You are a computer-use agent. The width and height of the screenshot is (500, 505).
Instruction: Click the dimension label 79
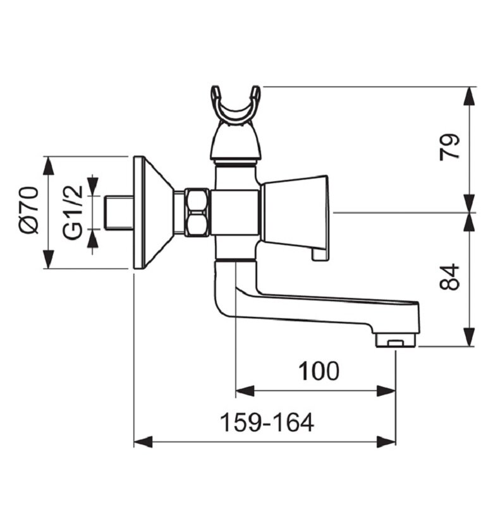[x=449, y=146]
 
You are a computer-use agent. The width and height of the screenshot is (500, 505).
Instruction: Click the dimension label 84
[x=449, y=277]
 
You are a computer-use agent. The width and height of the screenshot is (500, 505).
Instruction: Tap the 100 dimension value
[x=319, y=371]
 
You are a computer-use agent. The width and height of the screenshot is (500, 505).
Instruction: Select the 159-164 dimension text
[x=267, y=422]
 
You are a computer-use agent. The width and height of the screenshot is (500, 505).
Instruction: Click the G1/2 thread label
[x=73, y=212]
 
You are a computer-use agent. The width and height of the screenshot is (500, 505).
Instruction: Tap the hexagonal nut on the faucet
[x=197, y=213]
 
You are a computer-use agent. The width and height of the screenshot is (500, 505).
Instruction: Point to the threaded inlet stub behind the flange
[x=118, y=213]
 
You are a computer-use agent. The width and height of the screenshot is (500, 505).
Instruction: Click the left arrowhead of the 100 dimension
[x=245, y=391]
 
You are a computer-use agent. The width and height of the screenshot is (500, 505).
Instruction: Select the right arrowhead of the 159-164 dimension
[x=386, y=442]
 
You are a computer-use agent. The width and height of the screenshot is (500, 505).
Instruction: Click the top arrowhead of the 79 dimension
[x=469, y=96]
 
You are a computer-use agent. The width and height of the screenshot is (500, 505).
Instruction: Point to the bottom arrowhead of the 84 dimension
[x=469, y=337]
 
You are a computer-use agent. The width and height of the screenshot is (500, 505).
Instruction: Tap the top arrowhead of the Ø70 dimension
[x=49, y=166]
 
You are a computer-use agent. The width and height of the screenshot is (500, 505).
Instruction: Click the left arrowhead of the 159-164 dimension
[x=143, y=442]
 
